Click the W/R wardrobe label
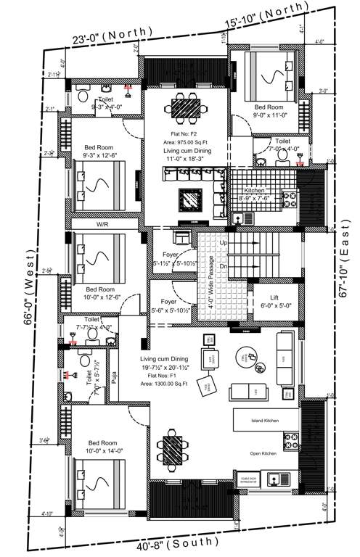[102, 225]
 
